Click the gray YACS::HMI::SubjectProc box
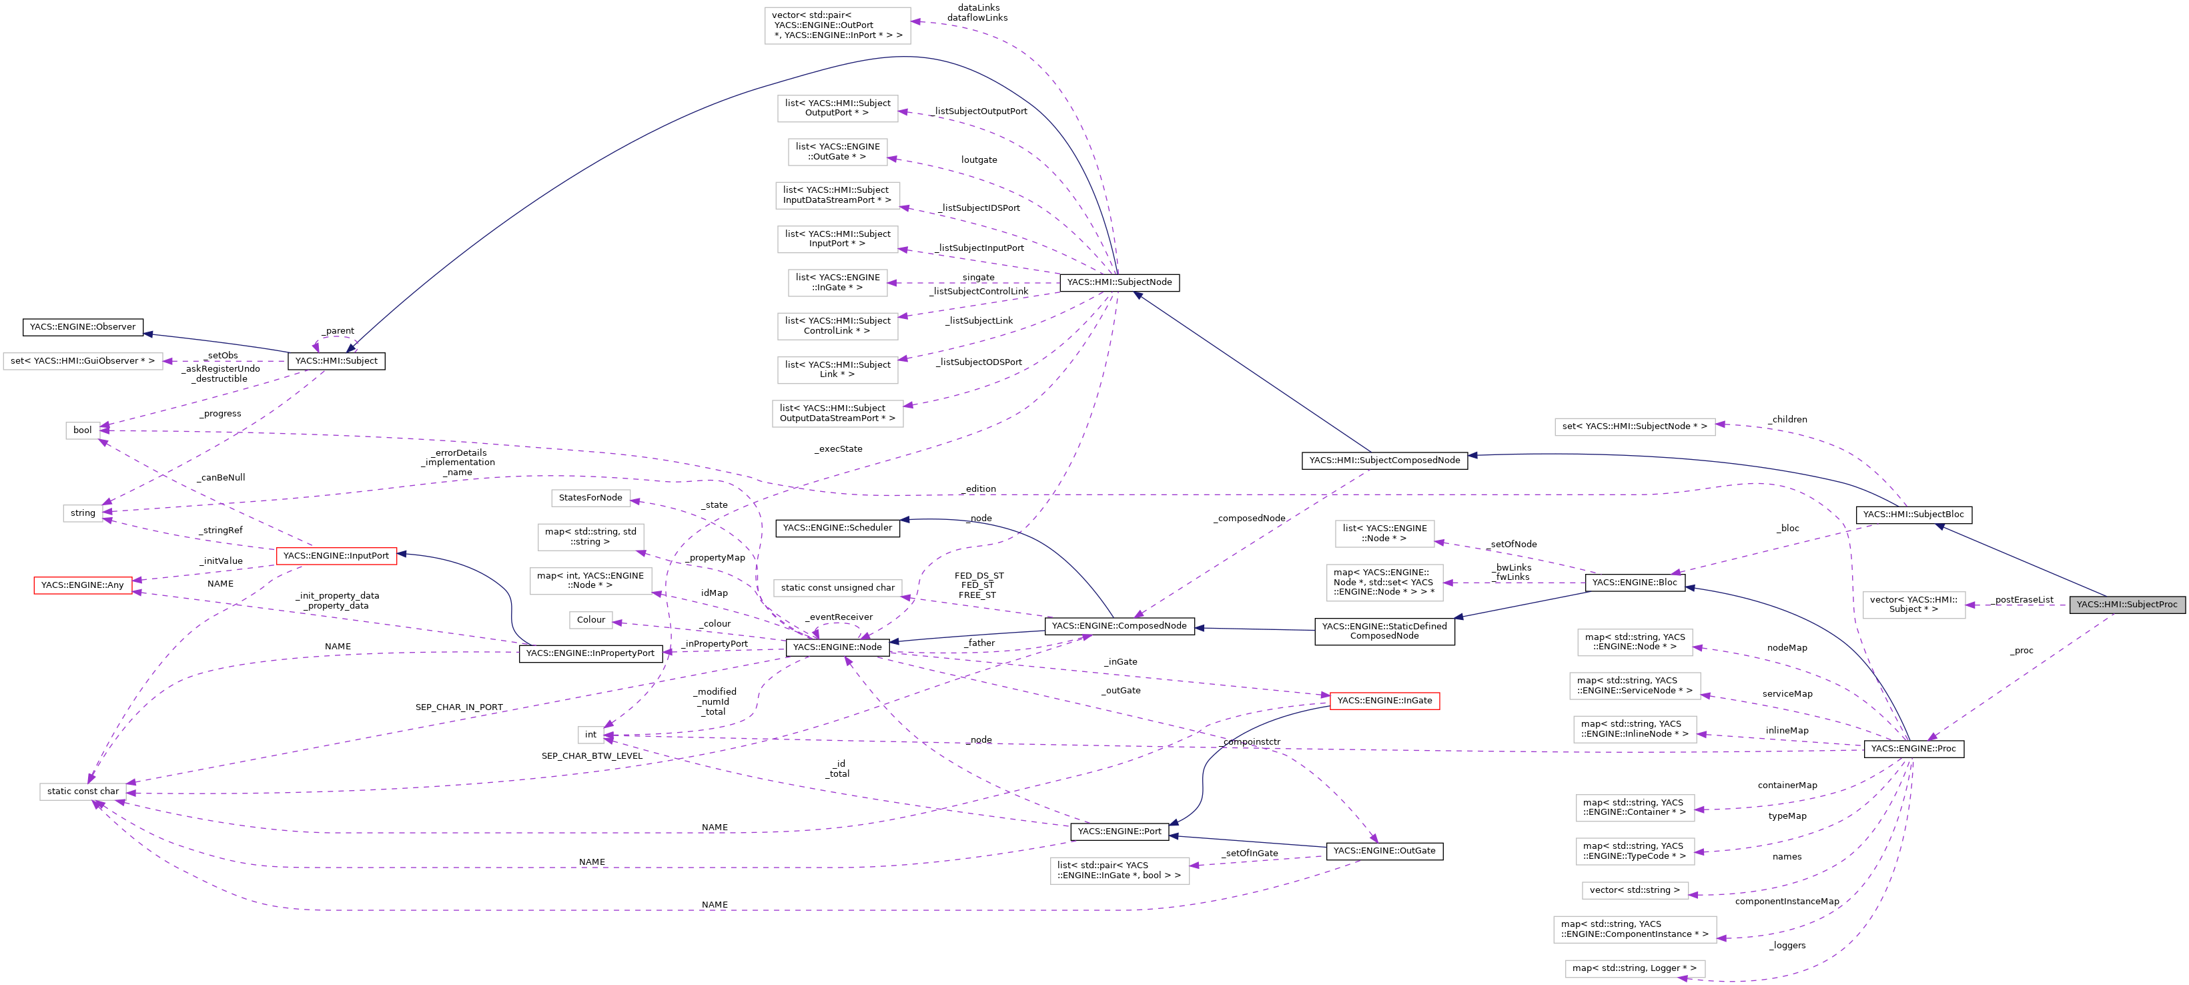[x=2126, y=604]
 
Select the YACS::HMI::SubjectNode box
[x=1118, y=282]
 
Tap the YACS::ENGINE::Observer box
[x=83, y=326]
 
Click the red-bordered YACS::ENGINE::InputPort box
[x=336, y=556]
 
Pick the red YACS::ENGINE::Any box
[x=83, y=585]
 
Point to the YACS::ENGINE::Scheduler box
[x=837, y=528]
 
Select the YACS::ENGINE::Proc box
[x=1913, y=749]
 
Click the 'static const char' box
[x=83, y=791]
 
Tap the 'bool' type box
[x=83, y=430]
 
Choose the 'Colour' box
[x=590, y=619]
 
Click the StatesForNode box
[x=590, y=497]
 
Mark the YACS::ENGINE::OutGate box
[x=1384, y=851]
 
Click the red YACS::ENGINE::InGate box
[x=1384, y=700]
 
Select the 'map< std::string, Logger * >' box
[x=1633, y=968]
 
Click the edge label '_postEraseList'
[x=2024, y=599]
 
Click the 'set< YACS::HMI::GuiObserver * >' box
[x=83, y=361]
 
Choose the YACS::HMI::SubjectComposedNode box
[x=1384, y=460]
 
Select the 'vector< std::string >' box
[x=1633, y=890]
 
